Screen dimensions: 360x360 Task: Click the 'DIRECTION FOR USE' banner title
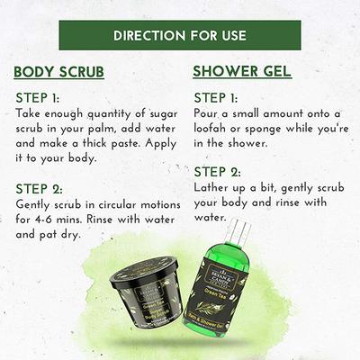(x=180, y=37)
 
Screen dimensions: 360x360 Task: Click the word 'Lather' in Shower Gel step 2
(x=214, y=187)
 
